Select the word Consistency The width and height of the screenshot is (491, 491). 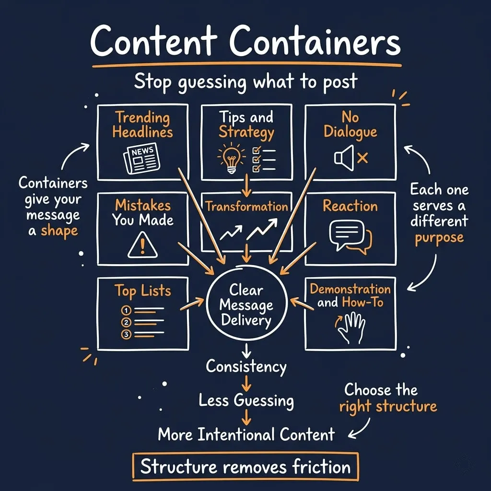246,367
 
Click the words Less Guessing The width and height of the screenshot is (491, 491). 246,400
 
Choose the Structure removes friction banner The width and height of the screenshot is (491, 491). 245,466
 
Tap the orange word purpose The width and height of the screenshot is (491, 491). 439,237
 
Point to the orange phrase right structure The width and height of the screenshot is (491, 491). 388,407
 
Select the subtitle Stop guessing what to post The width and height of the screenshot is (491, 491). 245,82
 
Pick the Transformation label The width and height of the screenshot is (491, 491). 246,207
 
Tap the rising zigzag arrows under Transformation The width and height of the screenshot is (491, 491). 248,230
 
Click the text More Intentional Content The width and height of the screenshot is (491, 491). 246,434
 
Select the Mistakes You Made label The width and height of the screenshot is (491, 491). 142,212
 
